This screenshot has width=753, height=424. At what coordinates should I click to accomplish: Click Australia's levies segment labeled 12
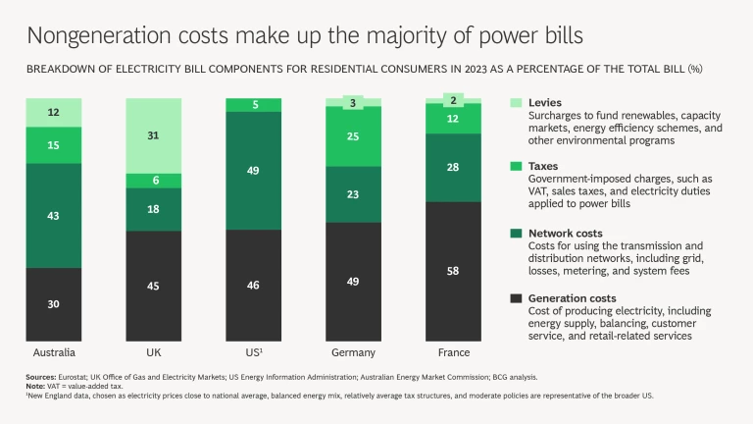54,113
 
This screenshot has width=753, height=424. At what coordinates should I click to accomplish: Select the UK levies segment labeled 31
154,135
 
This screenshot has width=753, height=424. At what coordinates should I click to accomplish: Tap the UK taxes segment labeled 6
154,181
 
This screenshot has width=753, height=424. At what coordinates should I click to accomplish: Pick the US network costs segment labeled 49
254,171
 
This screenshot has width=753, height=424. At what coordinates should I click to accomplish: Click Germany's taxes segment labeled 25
354,135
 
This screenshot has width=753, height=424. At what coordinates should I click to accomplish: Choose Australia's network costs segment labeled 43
54,215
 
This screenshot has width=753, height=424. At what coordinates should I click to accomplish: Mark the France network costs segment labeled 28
454,168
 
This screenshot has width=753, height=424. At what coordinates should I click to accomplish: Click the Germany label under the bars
354,352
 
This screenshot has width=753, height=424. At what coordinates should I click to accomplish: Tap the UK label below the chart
154,352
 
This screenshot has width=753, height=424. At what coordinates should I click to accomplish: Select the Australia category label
54,352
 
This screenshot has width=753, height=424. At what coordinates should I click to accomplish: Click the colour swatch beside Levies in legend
516,103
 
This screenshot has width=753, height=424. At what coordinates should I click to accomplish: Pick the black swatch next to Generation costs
516,296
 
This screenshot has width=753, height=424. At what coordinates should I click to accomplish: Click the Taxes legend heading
544,167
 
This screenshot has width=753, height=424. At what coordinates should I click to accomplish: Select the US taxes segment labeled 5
254,105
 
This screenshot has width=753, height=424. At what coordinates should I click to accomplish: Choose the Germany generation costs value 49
354,281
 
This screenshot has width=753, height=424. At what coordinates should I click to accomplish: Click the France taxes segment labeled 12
454,119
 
